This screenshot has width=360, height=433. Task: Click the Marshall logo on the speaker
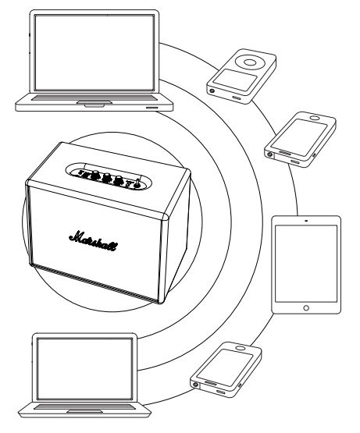(93, 240)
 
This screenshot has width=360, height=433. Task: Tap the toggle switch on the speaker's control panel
(137, 183)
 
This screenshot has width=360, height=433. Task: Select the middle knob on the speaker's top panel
(106, 178)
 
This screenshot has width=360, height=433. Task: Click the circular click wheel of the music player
(250, 62)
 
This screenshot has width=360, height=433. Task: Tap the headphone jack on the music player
(212, 91)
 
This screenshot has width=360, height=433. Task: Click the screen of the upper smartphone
(299, 134)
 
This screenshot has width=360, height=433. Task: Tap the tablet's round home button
(306, 307)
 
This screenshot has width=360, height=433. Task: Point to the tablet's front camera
(306, 221)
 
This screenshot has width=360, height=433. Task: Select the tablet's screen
(306, 264)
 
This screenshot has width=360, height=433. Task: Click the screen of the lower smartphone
(225, 367)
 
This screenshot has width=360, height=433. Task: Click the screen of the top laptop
(94, 52)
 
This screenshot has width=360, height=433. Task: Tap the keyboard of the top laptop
(94, 98)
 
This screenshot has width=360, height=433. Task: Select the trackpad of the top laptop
(94, 102)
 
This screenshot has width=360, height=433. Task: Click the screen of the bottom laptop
(84, 369)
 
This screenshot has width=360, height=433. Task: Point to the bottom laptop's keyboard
(84, 406)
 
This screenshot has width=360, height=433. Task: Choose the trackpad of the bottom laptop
(84, 411)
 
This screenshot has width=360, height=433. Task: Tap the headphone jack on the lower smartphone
(196, 384)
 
